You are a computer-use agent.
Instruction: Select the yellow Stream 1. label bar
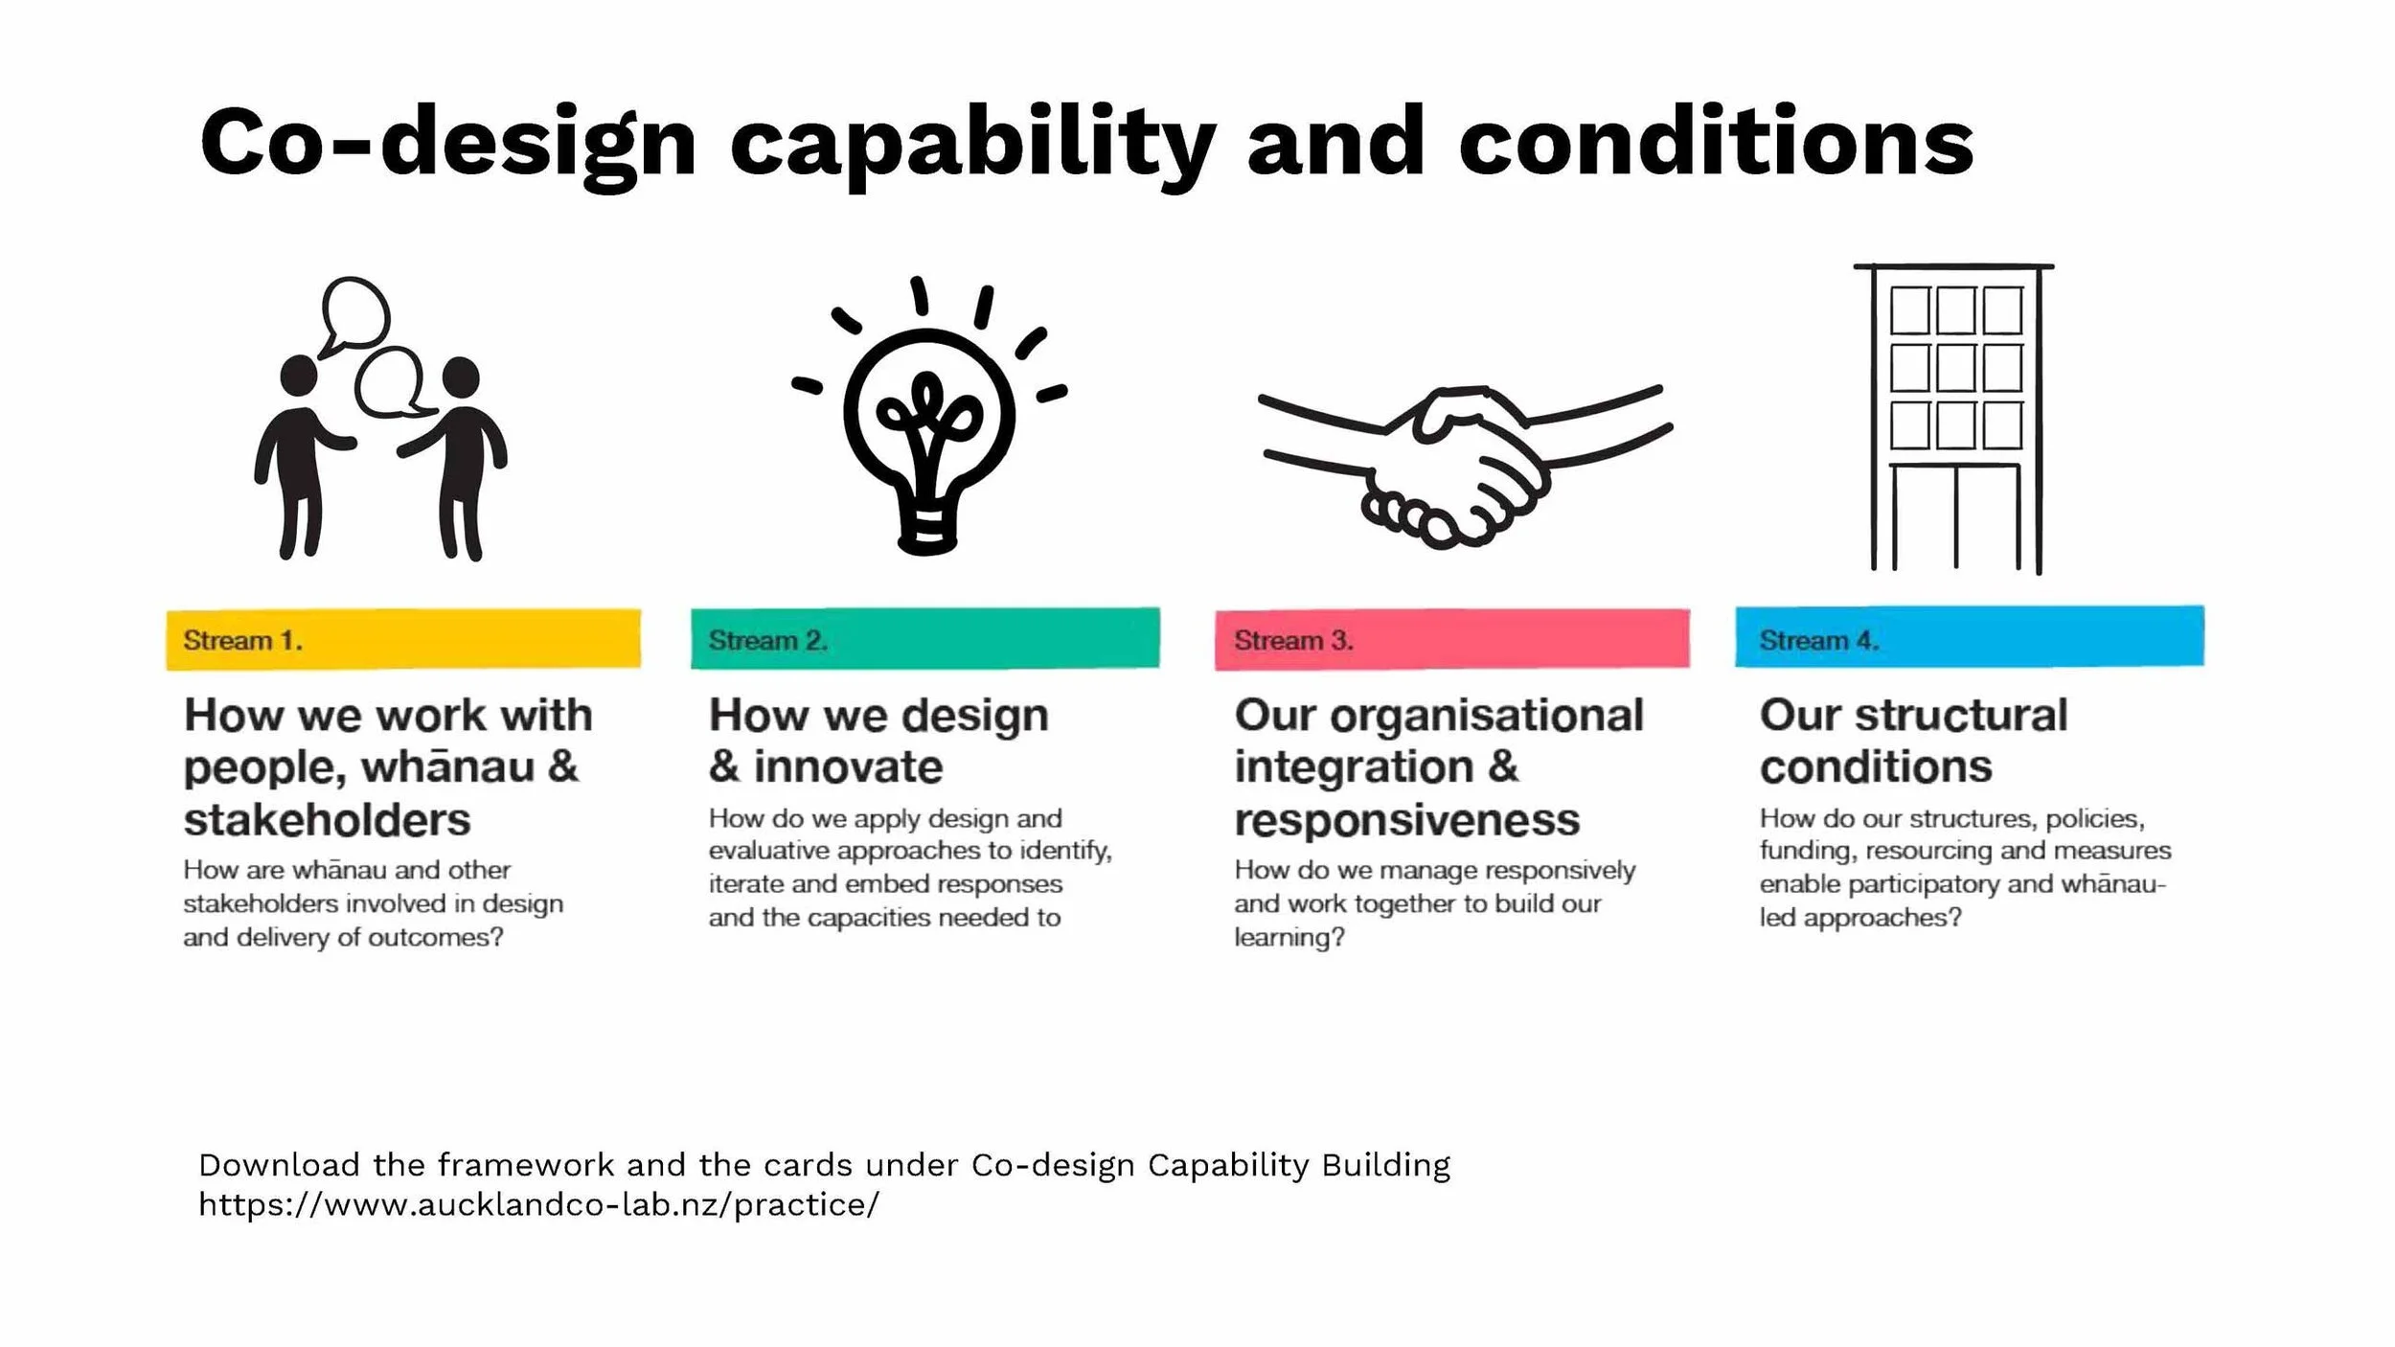(402, 639)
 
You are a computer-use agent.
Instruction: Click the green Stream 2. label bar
(924, 638)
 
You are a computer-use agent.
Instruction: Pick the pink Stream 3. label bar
(1451, 639)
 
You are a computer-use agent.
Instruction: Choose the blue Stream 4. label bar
(1969, 637)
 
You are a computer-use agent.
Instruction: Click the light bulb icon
(927, 422)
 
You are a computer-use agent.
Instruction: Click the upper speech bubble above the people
(355, 313)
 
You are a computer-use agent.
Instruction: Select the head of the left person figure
(299, 376)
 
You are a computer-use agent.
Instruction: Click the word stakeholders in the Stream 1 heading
(327, 820)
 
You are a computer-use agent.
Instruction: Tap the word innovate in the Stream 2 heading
(847, 767)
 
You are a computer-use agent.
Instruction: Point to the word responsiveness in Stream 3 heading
(1406, 820)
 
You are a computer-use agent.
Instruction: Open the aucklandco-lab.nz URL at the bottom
(538, 1204)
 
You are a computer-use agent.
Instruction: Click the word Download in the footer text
(279, 1165)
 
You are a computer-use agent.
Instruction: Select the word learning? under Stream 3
(1289, 937)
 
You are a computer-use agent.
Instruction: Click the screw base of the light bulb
(926, 532)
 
